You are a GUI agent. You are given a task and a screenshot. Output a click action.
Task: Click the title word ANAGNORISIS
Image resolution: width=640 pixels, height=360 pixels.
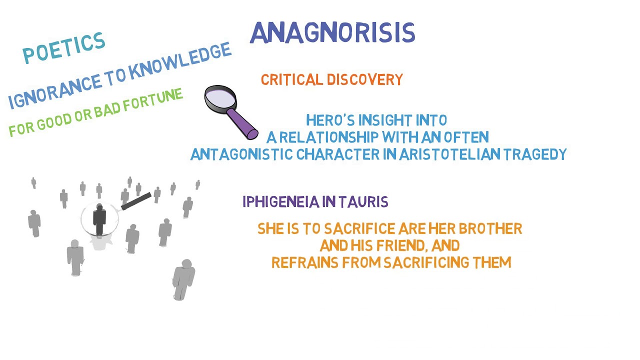tap(332, 33)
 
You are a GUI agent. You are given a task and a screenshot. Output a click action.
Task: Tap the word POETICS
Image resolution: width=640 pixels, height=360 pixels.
tap(64, 48)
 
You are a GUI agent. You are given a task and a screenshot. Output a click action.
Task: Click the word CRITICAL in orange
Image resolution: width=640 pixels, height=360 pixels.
tap(291, 80)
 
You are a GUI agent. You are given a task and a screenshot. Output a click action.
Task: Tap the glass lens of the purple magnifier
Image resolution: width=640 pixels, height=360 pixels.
tap(220, 97)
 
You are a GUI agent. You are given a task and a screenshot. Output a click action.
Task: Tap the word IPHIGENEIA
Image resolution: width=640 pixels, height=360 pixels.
tap(281, 202)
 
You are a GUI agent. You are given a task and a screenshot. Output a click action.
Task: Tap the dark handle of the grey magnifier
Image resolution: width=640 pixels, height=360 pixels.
tap(136, 201)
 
